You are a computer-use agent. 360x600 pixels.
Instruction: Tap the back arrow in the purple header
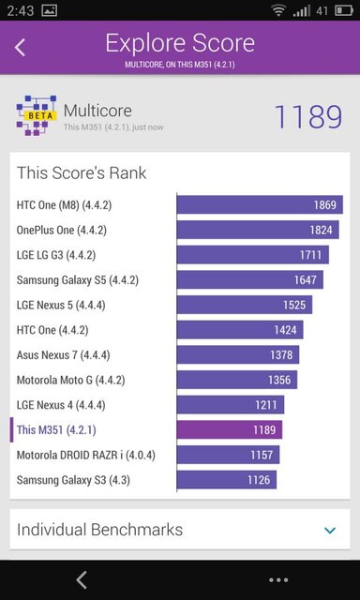coord(21,47)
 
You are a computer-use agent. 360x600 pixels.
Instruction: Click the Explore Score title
coord(179,43)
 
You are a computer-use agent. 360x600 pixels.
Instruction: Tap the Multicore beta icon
coord(36,115)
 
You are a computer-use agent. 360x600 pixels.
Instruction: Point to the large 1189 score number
coord(307,117)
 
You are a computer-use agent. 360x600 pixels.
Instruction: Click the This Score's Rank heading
coord(82,173)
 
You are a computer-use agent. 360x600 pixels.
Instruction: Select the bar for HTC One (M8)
coord(260,204)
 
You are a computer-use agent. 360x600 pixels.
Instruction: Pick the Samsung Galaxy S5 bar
coord(249,279)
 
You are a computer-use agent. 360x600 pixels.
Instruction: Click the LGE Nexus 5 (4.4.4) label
coord(60,305)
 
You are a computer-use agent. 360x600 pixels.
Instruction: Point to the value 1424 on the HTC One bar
coord(285,330)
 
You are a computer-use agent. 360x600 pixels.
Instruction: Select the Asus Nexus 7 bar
coord(237,354)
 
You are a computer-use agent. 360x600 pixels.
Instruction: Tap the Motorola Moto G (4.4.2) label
coord(70,380)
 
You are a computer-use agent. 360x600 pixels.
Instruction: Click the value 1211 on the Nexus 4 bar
coord(266,405)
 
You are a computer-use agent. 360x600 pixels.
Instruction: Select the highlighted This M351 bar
coord(230,430)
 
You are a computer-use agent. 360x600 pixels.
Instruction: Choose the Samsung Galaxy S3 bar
coord(227,480)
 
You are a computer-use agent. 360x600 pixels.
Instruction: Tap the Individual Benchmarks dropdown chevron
coord(330,531)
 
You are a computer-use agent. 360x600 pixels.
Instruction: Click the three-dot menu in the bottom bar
coord(277,579)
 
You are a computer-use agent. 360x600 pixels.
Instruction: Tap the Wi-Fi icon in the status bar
coord(278,10)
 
